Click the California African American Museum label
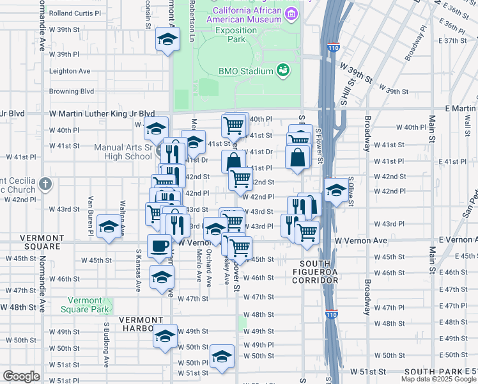pyautogui.click(x=247, y=15)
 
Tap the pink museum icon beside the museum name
pyautogui.click(x=292, y=13)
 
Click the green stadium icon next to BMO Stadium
pyautogui.click(x=282, y=70)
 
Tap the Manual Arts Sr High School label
pyautogui.click(x=123, y=152)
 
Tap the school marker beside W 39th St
pyautogui.click(x=167, y=40)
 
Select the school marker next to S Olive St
pyautogui.click(x=336, y=189)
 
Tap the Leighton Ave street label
pyautogui.click(x=70, y=71)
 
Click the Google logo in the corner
pyautogui.click(x=21, y=376)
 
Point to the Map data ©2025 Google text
pyautogui.click(x=438, y=379)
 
